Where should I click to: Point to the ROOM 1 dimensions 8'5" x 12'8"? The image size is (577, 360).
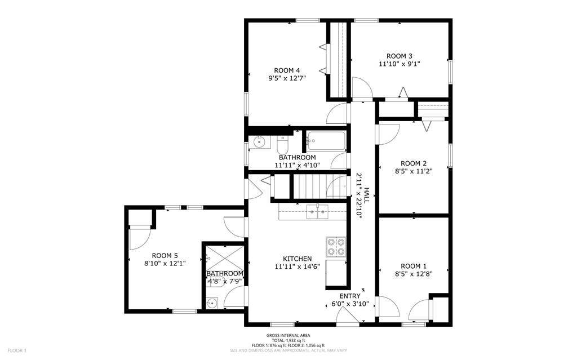point(413,274)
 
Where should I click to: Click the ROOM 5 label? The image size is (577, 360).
point(165,255)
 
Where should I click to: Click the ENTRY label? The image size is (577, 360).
point(349,296)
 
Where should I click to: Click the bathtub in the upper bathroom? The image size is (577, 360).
point(326,141)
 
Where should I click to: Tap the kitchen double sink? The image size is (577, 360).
point(317,212)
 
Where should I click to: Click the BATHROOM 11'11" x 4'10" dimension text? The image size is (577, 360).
point(297,166)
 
